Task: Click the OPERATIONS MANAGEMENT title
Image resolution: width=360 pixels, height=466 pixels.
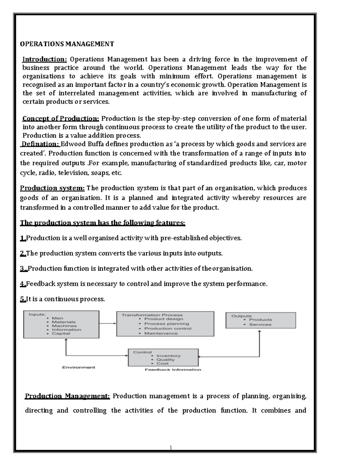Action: click(67, 44)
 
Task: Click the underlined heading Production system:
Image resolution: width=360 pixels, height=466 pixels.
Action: click(52, 188)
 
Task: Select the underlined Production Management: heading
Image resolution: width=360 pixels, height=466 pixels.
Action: click(67, 396)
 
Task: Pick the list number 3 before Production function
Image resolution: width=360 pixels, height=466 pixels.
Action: click(23, 269)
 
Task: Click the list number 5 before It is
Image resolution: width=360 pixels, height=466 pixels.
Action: click(23, 299)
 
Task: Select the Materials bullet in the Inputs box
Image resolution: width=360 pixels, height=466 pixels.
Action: click(64, 322)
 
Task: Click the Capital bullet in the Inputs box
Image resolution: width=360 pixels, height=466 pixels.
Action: click(61, 333)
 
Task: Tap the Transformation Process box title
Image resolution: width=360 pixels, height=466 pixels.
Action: click(152, 315)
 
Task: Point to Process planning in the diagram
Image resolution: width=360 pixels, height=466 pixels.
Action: click(166, 324)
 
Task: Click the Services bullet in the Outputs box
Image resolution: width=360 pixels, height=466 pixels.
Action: click(260, 324)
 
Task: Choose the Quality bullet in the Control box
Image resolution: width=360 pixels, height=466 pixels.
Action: click(165, 359)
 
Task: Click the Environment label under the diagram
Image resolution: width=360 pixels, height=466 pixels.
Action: click(79, 367)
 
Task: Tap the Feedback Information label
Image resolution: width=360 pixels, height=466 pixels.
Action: click(173, 370)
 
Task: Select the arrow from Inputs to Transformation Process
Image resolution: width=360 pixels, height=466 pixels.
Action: click(108, 323)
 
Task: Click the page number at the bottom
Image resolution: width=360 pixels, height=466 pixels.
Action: click(171, 448)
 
